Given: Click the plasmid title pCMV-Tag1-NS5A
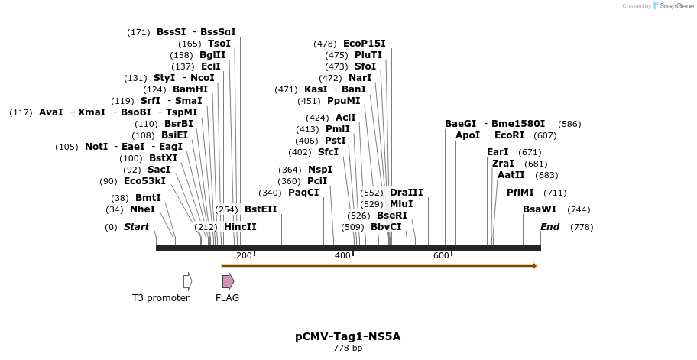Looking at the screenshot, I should tap(348, 336).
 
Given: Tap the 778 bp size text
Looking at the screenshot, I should tap(348, 349).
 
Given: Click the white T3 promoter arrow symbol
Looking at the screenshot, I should tap(187, 281).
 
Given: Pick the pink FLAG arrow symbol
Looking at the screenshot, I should tap(228, 281).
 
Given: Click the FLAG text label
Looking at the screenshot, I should tap(227, 298).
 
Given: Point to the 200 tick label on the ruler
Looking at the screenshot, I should tap(244, 255).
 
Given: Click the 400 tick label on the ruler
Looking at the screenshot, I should tap(342, 255).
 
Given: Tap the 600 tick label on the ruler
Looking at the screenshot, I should tap(441, 255).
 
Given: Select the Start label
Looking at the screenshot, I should tap(136, 227).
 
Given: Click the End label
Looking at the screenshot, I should tap(550, 227).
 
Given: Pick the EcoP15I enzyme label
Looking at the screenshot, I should tap(364, 44).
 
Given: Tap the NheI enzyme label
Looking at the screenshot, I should tap(142, 209).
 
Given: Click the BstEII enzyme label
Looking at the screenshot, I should tap(261, 209).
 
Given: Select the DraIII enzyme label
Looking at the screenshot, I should tap(406, 193).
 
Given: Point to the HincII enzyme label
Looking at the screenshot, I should tap(240, 227).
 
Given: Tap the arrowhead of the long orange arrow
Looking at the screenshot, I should tap(534, 266).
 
